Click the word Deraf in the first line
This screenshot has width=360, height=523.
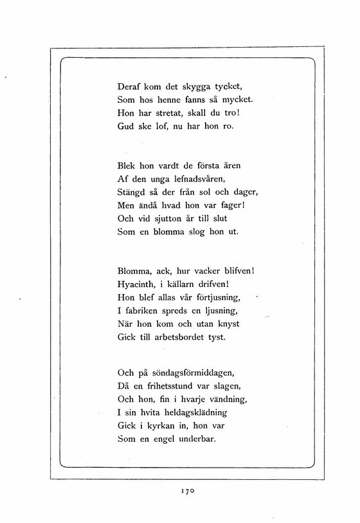click(131, 86)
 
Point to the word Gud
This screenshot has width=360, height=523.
click(126, 127)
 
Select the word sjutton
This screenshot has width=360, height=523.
click(174, 219)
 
